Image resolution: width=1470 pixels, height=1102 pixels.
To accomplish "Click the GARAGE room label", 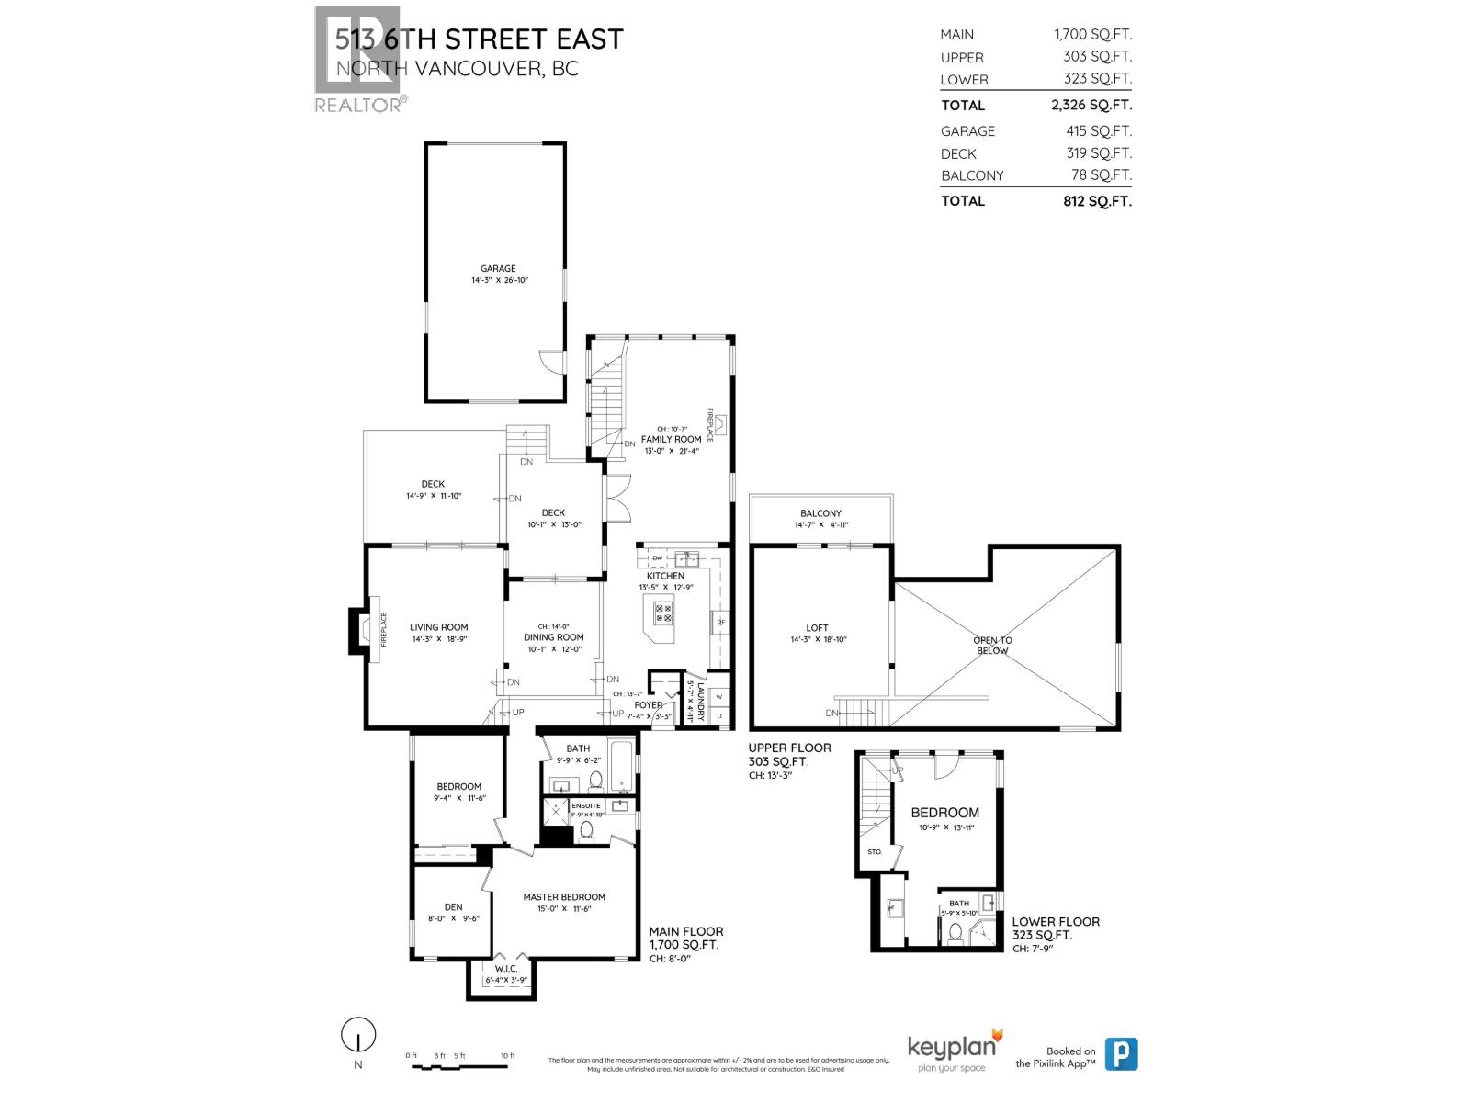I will click(x=498, y=269).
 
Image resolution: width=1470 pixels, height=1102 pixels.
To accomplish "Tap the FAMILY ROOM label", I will click(x=671, y=439).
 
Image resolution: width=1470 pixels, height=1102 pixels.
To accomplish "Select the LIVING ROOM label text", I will click(x=439, y=628).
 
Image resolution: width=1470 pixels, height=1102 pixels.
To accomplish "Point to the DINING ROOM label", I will click(x=554, y=637).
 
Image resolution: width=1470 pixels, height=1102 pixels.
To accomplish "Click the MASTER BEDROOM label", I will click(x=564, y=897).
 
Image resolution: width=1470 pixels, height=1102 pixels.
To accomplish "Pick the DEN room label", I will click(x=453, y=907).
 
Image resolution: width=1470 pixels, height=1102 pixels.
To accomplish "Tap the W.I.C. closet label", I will click(x=506, y=969).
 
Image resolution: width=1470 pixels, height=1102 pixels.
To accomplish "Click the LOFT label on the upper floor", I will click(x=817, y=628).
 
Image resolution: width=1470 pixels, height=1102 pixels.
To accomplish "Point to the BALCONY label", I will click(x=820, y=513).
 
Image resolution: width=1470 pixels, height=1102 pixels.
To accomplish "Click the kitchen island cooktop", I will click(x=663, y=613).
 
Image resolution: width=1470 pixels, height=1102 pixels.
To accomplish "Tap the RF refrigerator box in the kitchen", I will click(x=720, y=624).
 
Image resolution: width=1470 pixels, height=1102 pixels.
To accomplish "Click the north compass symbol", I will click(x=358, y=1036).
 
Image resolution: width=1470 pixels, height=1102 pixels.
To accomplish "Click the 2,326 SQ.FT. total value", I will click(x=1091, y=106).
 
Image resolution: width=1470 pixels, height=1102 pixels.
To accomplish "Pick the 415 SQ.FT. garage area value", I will click(x=1099, y=131).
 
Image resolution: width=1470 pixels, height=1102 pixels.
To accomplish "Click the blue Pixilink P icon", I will click(x=1121, y=1053).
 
